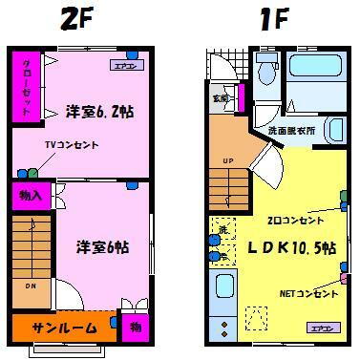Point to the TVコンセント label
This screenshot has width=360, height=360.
pyautogui.click(x=69, y=145)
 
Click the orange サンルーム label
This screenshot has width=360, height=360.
pyautogui.click(x=66, y=328)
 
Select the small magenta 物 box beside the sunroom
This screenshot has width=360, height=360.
pyautogui.click(x=136, y=328)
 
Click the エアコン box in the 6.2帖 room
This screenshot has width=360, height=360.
pyautogui.click(x=124, y=67)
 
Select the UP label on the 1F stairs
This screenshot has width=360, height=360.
pyautogui.click(x=227, y=159)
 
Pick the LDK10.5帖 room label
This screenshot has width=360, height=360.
pyautogui.click(x=292, y=248)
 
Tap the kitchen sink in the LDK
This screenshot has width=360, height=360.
pyautogui.click(x=225, y=288)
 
